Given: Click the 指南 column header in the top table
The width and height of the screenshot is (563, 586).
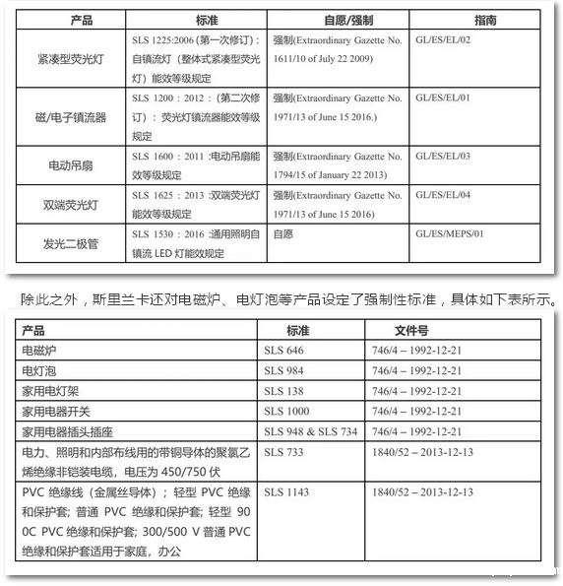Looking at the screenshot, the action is coord(484,20).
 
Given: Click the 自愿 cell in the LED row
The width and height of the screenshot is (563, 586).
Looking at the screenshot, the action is coord(283,234).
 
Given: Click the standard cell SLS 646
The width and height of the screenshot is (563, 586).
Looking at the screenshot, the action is coord(284,350).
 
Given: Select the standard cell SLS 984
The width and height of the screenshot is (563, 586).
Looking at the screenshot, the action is coord(284,370).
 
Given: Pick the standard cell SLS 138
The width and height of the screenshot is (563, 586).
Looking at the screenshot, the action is coord(284,391).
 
